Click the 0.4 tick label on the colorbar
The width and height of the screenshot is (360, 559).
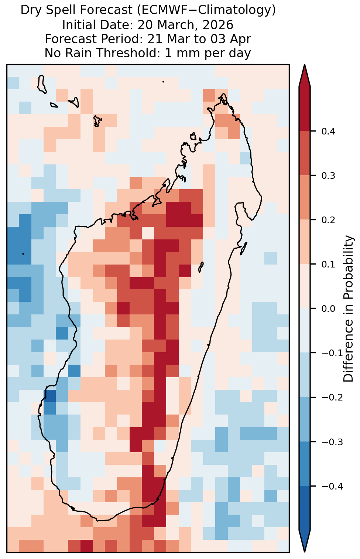click(328, 131)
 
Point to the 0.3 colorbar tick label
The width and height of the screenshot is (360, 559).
click(328, 176)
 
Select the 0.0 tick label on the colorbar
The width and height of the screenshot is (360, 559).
click(328, 309)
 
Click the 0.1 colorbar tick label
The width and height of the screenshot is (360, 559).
click(328, 264)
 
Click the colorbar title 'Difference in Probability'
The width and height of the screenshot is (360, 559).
click(349, 309)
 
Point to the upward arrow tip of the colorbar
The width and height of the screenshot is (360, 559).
click(305, 65)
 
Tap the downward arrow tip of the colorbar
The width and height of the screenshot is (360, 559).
click(305, 551)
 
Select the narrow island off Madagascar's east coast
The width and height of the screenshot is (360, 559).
click(243, 248)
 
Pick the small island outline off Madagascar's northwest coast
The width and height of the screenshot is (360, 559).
click(193, 136)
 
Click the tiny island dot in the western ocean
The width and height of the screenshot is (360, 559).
click(23, 254)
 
